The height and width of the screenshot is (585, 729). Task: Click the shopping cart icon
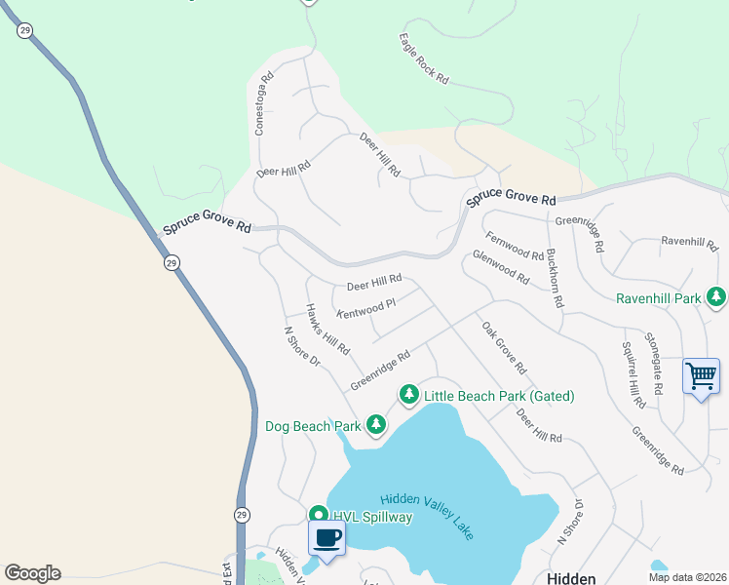tap(702, 376)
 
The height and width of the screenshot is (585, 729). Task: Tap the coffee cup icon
tap(326, 538)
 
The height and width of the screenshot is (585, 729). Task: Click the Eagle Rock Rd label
tap(423, 58)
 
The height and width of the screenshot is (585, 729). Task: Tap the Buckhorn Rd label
tap(554, 274)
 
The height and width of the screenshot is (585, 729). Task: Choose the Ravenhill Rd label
tap(688, 240)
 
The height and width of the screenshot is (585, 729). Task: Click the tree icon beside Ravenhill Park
tap(716, 296)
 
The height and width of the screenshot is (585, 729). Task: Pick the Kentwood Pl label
tap(366, 308)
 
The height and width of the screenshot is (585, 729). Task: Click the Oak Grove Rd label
tap(504, 348)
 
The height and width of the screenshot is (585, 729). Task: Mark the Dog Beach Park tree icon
tap(375, 425)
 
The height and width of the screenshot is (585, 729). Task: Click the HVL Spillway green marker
tap(318, 515)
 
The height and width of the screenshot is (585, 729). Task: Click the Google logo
tap(32, 573)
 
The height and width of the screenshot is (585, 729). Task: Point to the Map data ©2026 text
tap(687, 576)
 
